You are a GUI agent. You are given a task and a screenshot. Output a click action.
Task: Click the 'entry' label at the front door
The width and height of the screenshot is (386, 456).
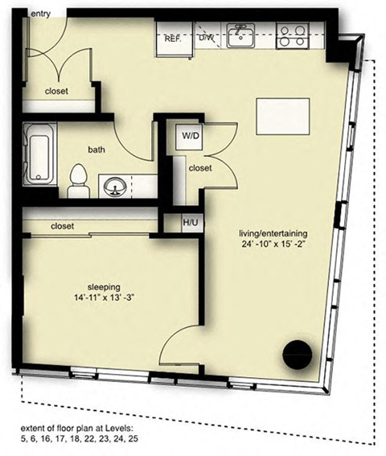41,14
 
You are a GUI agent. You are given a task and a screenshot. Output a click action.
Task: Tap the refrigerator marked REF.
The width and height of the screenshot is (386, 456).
175,39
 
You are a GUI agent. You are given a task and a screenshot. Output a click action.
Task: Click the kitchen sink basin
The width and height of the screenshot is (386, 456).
241,35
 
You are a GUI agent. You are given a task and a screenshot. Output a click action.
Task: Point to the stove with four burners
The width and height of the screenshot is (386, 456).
292,35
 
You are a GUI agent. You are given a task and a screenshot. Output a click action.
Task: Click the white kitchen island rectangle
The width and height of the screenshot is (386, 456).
283,117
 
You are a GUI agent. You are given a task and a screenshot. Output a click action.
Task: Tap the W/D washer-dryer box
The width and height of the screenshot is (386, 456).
189,136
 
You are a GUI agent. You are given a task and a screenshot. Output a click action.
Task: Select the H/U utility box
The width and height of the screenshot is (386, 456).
191,223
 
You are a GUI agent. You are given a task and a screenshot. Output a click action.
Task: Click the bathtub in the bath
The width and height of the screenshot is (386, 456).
39,154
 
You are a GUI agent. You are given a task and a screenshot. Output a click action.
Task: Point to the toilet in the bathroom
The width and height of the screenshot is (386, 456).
79,181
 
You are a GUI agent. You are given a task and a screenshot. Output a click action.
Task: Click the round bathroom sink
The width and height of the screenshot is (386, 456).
116,187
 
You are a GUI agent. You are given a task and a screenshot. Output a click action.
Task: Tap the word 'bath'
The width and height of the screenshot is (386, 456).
96,150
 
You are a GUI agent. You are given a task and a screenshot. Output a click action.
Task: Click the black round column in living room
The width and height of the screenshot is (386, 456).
298,354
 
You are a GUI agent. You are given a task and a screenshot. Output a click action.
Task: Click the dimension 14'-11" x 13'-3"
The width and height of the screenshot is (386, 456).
104,298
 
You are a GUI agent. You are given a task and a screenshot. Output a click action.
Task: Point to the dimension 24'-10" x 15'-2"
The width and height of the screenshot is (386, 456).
273,244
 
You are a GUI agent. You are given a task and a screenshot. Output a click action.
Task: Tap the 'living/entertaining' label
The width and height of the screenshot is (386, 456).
273,233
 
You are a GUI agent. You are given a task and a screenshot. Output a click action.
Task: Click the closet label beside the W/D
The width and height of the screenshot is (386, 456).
200,168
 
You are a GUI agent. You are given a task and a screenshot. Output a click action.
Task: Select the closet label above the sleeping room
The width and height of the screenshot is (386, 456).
62,226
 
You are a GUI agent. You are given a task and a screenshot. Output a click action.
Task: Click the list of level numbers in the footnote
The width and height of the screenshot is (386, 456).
80,438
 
